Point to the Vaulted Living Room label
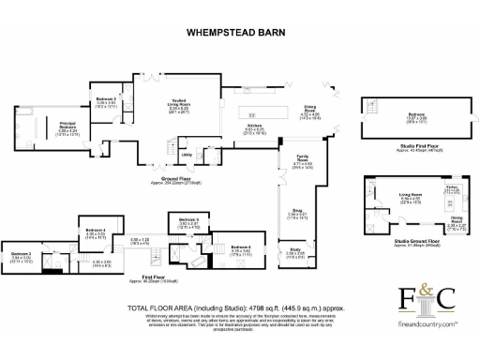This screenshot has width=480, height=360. click(179, 106)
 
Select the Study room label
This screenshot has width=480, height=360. click(294, 250)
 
